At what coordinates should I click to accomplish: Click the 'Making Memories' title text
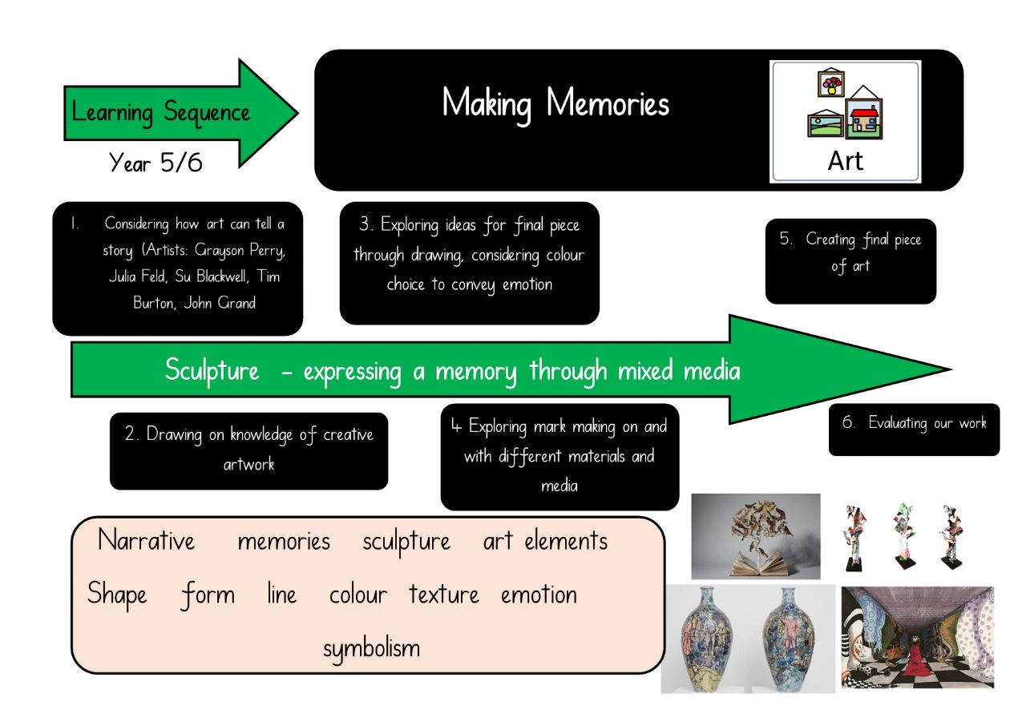(555, 104)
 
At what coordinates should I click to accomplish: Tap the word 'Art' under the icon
(845, 160)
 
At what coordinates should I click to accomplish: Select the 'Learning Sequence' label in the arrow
(160, 112)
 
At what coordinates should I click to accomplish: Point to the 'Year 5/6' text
(156, 163)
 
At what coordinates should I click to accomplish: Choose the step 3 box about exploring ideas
(469, 263)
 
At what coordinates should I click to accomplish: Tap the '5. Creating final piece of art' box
(850, 261)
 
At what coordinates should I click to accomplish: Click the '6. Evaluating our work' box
(914, 430)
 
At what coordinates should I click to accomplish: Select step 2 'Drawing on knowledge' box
(248, 450)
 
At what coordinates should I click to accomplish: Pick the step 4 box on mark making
(560, 457)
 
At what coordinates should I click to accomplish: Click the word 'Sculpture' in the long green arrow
(212, 371)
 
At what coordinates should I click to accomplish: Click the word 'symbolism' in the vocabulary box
(371, 647)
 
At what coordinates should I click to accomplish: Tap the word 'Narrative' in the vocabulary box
(146, 541)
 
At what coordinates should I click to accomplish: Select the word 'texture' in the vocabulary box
(443, 595)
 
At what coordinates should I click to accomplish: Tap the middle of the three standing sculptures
(903, 535)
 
